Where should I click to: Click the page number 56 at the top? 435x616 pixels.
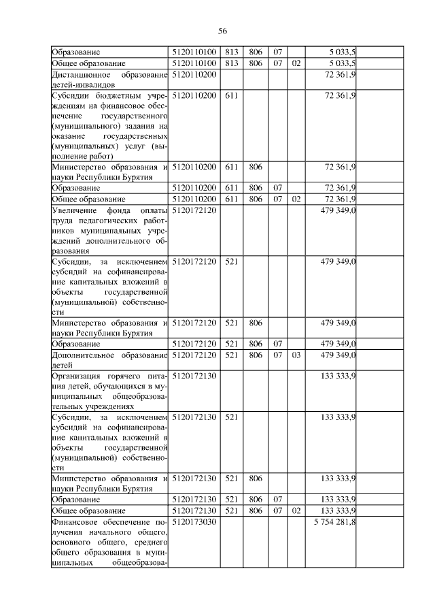pos(222,31)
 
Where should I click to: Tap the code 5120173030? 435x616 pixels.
pos(194,522)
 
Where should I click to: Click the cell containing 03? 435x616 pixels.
pos(296,355)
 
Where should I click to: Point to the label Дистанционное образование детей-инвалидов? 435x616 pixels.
pos(109,78)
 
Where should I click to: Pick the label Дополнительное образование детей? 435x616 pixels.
pos(109,360)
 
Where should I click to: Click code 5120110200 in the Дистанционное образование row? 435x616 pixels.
pos(194,73)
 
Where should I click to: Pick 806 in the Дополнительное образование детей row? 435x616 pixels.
pos(256,355)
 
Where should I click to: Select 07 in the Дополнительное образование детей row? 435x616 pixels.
pos(277,355)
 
